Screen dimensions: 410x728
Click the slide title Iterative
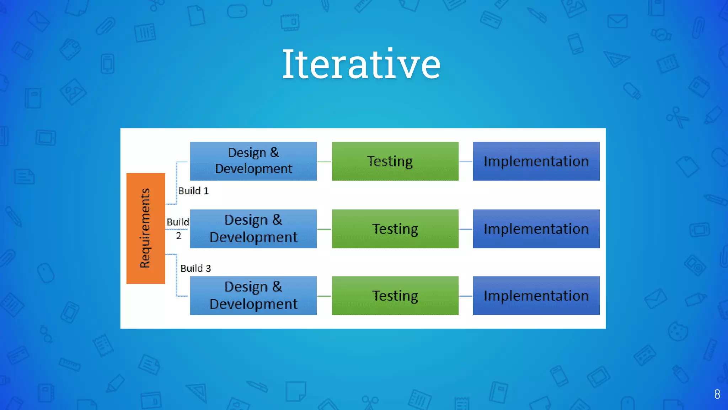[361, 64]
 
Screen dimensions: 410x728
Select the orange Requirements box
[145, 228]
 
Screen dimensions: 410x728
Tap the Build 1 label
[193, 191]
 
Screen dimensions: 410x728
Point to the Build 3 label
[196, 268]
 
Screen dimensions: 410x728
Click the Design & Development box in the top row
[253, 161]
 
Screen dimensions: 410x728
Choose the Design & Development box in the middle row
[253, 228]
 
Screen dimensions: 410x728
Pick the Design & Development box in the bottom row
[253, 295]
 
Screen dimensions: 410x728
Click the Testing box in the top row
[395, 161]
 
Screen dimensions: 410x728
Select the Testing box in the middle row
[395, 228]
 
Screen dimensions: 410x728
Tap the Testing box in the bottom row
[395, 295]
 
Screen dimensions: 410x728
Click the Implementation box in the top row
[536, 161]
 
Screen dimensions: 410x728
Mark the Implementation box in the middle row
[536, 228]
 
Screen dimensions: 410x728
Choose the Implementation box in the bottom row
[536, 295]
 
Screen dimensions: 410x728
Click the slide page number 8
[717, 394]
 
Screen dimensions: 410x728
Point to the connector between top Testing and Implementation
[466, 162]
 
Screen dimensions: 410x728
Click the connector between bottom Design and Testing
[324, 296]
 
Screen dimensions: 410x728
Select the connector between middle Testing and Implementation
[466, 229]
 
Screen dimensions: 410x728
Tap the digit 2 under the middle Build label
[179, 236]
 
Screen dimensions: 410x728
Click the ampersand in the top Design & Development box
[274, 152]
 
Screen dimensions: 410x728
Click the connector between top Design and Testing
[324, 162]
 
